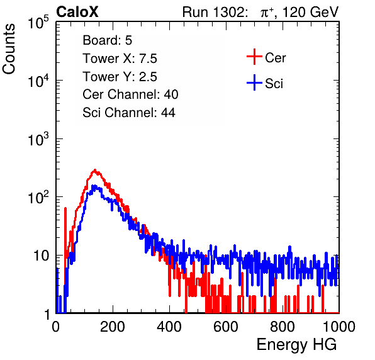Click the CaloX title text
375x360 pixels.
(x=77, y=12)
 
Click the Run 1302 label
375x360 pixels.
(x=214, y=12)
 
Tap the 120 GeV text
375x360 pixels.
(x=311, y=12)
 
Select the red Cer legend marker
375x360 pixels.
(x=254, y=57)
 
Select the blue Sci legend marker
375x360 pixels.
(x=254, y=83)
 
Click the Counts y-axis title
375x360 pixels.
(x=9, y=49)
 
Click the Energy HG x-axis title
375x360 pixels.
(x=296, y=345)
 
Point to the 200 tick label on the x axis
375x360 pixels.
(x=113, y=327)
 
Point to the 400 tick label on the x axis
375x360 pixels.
(x=169, y=327)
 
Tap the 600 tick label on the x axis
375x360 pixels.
(x=226, y=327)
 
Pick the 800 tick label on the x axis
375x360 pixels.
(x=283, y=327)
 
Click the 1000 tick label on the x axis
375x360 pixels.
(x=339, y=327)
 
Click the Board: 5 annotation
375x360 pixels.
(x=108, y=40)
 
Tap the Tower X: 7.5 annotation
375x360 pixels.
(x=120, y=59)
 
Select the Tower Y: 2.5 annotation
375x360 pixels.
(x=120, y=77)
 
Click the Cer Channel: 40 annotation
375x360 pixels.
(x=130, y=94)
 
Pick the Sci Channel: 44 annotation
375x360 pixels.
(x=129, y=113)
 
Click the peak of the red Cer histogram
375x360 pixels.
(x=95, y=170)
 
